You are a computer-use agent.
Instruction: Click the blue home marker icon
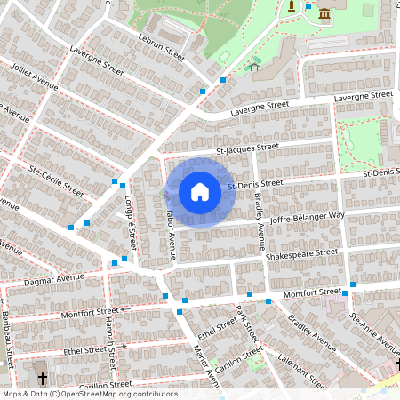pos(200,192)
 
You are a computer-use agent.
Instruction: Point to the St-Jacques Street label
pos(248,148)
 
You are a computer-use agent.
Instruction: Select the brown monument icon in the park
pos(292,7)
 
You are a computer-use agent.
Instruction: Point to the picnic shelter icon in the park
pos(254,64)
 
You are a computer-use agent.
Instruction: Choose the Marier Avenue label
pos(205,364)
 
